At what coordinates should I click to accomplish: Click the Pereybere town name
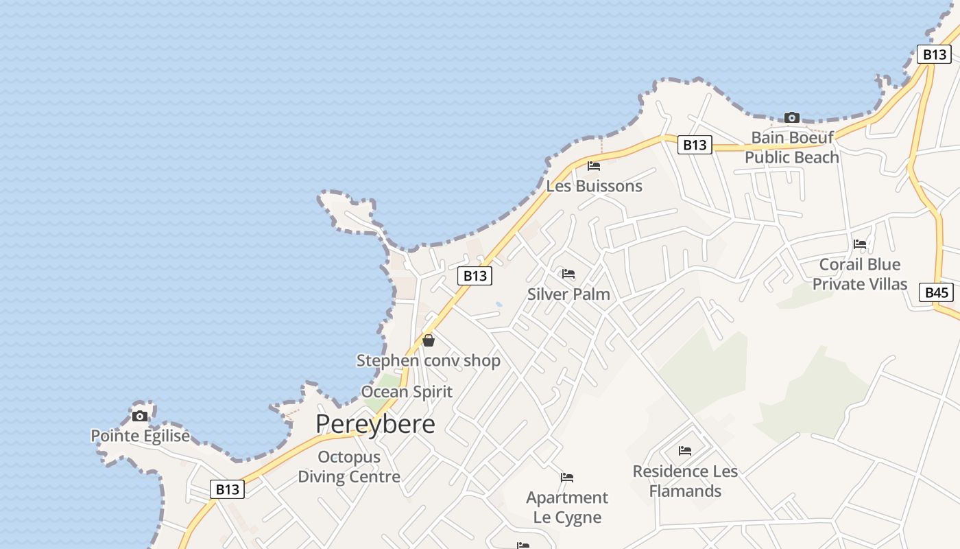375,424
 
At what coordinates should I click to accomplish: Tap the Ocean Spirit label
407,392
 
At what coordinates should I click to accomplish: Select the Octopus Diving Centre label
349,467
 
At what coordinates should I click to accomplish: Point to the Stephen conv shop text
429,360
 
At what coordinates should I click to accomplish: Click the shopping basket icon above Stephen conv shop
429,340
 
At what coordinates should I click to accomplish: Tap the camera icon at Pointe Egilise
140,416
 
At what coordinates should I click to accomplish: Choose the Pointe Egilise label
140,436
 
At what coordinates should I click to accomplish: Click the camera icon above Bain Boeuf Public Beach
792,117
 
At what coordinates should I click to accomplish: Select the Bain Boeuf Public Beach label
792,148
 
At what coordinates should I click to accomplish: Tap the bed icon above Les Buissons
594,166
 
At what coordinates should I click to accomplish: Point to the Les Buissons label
594,186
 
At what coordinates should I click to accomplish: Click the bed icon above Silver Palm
568,274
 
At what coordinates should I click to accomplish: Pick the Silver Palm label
568,294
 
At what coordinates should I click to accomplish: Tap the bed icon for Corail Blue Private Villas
860,244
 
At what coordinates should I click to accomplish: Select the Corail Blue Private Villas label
860,274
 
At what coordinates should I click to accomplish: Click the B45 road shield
936,293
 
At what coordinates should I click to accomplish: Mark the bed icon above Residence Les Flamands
685,451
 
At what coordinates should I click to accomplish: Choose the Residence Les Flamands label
685,481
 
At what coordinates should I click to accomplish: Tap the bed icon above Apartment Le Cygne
567,478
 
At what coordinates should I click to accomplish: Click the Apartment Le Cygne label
567,507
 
